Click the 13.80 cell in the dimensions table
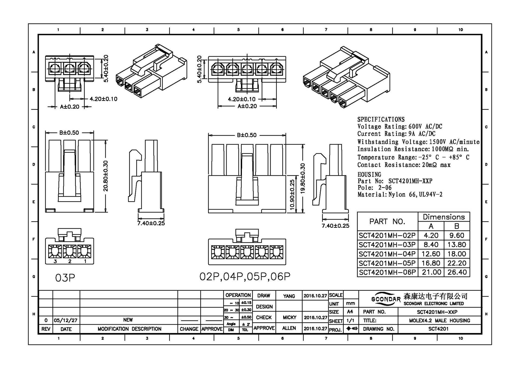pyautogui.click(x=457, y=245)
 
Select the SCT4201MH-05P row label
pyautogui.click(x=387, y=263)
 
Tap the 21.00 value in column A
pyautogui.click(x=431, y=272)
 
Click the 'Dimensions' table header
pyautogui.click(x=444, y=217)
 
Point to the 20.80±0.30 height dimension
pyautogui.click(x=106, y=176)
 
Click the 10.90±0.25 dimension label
pyautogui.click(x=292, y=194)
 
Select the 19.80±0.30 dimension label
pyautogui.click(x=303, y=178)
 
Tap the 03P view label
pyautogui.click(x=65, y=278)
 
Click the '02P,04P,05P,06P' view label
pyautogui.click(x=245, y=277)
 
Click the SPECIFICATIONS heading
pyautogui.click(x=381, y=119)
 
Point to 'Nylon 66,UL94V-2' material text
pyautogui.click(x=415, y=194)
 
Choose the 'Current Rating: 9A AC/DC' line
pyautogui.click(x=396, y=134)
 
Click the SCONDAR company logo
pyautogui.click(x=386, y=299)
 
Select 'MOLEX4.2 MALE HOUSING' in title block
pyautogui.click(x=439, y=321)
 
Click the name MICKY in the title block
pyautogui.click(x=289, y=317)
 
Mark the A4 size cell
pyautogui.click(x=350, y=312)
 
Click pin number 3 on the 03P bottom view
pyautogui.click(x=55, y=261)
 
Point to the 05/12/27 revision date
pyautogui.click(x=66, y=321)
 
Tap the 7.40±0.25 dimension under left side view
pyautogui.click(x=151, y=223)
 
